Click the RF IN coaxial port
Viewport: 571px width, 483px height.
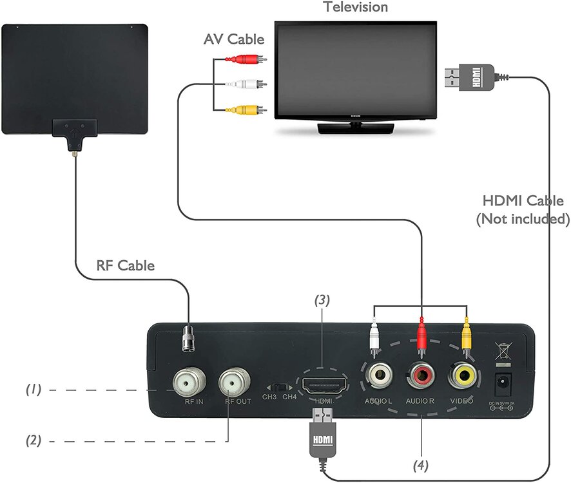pos(186,384)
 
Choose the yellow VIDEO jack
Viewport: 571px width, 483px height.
pos(464,374)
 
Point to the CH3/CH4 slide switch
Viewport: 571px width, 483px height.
pos(280,387)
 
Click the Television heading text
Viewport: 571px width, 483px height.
pos(356,8)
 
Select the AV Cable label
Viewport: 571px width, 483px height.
pos(234,40)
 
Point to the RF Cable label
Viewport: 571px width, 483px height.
pos(125,265)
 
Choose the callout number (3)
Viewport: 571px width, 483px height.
pos(323,299)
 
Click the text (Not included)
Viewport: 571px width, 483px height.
pos(523,219)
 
